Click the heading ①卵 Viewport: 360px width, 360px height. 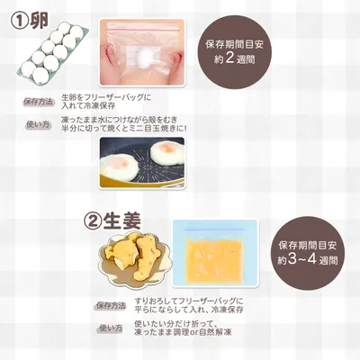(x=30, y=21)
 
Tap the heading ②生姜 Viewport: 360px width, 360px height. (x=112, y=221)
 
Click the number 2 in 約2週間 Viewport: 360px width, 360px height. (x=229, y=58)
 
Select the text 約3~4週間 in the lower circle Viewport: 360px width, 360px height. (x=308, y=260)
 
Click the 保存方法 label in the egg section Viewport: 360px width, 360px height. (x=38, y=102)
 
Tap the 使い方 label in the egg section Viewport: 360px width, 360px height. (x=39, y=124)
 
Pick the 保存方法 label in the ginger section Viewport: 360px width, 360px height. (x=111, y=306)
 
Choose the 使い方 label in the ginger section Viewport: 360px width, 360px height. (x=111, y=328)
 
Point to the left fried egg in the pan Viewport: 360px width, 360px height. (x=119, y=166)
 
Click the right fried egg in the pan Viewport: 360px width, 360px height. (x=166, y=152)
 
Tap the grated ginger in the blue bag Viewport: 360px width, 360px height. (x=214, y=262)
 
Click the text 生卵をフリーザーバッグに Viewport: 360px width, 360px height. (x=106, y=97)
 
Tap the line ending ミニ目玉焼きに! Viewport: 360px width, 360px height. (x=124, y=129)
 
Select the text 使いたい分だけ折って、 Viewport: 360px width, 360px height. (x=175, y=324)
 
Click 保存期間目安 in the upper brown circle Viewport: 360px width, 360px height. (x=234, y=45)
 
